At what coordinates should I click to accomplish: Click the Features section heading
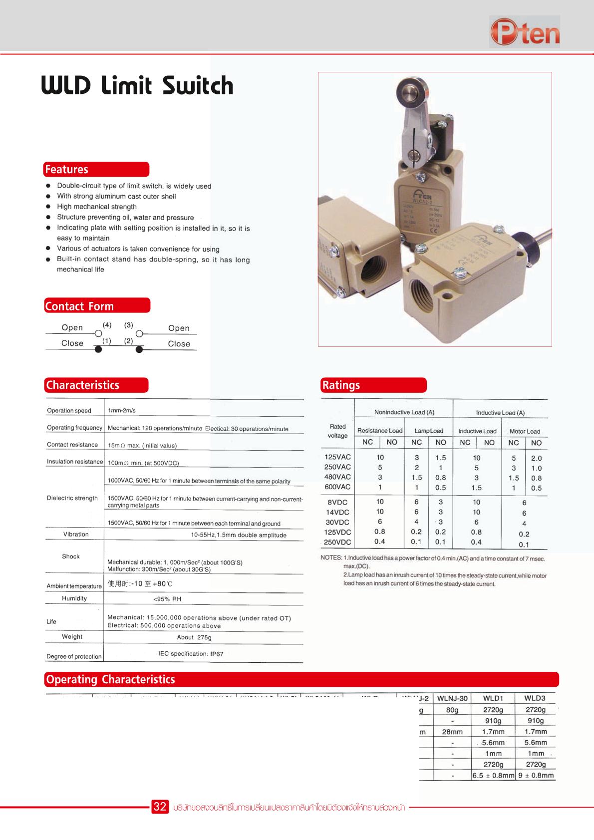pos(66,170)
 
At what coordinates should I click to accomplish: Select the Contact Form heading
pos(79,306)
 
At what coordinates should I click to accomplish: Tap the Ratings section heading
pos(341,385)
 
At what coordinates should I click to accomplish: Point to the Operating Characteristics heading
pos(110,679)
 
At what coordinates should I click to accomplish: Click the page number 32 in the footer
pos(160,807)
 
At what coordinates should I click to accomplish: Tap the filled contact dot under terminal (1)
pos(98,349)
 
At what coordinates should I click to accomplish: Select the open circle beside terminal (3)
pos(140,333)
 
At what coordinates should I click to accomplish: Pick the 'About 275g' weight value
pos(194,637)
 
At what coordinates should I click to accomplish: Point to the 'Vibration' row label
pos(76,534)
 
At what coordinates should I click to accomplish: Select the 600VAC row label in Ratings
pos(337,487)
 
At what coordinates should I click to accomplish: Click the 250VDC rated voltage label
pos(337,542)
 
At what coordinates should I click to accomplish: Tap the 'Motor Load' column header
pos(525,431)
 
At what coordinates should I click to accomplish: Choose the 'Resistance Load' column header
pos(380,431)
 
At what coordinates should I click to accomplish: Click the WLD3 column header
pos(535,698)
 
